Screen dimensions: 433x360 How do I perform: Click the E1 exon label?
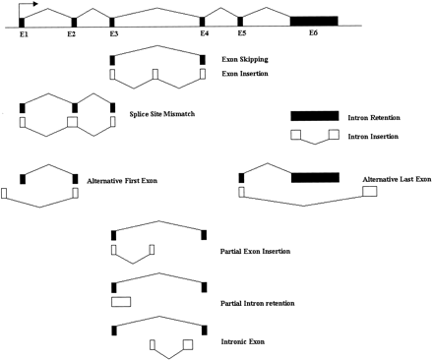coord(24,33)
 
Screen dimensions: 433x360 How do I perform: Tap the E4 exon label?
coord(204,33)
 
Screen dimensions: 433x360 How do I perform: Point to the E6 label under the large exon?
coord(313,32)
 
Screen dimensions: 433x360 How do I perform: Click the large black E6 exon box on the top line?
coord(314,21)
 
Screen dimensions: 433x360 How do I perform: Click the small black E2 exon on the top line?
coord(74,23)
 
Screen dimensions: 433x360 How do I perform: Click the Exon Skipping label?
coord(245,59)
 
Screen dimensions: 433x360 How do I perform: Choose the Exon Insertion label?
coord(245,74)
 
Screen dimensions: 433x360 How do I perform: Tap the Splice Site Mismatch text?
coord(162,114)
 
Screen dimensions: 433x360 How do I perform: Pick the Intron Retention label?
coord(374,117)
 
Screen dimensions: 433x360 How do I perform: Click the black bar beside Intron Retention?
coord(315,116)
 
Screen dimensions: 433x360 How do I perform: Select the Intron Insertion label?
coord(373,136)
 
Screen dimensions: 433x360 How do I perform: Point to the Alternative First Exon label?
coord(122,181)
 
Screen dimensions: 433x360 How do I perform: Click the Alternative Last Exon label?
coord(397,179)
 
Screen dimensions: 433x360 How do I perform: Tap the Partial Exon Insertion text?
coord(255,252)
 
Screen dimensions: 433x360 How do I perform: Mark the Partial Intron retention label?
coord(257,303)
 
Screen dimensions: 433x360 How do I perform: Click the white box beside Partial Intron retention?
coord(121,302)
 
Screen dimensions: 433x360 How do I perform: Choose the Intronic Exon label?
coord(243,341)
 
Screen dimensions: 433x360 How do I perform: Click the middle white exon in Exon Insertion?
coord(155,74)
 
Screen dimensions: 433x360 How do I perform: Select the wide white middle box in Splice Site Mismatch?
coord(72,122)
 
